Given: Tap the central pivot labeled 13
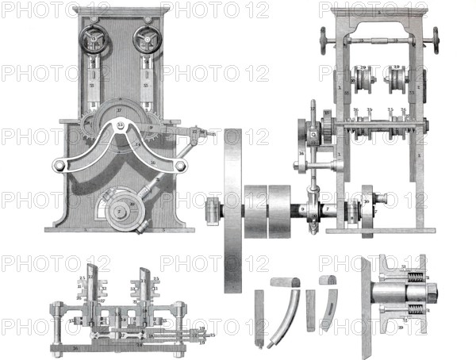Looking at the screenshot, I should pyautogui.click(x=121, y=124).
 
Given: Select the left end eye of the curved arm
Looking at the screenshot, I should pyautogui.click(x=58, y=166).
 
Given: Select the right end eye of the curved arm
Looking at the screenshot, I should pyautogui.click(x=181, y=165).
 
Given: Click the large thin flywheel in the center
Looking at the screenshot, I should pyautogui.click(x=233, y=210).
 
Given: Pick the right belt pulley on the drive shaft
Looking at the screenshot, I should pyautogui.click(x=281, y=211).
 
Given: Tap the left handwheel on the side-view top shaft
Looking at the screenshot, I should pyautogui.click(x=323, y=36).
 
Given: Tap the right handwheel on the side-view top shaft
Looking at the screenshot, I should pyautogui.click(x=436, y=36).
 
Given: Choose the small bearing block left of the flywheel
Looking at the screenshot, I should pyautogui.click(x=211, y=211).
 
